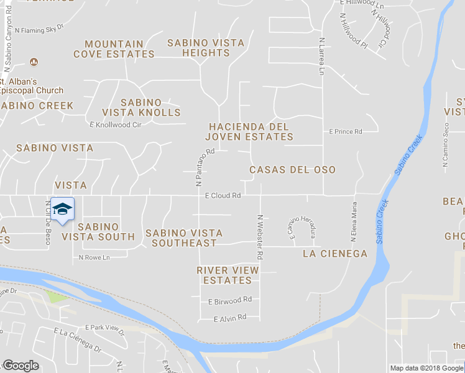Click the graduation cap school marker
tap(62, 210)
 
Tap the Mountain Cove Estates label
tap(114, 49)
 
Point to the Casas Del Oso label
tap(292, 170)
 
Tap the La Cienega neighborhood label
tap(335, 254)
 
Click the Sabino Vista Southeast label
tap(184, 238)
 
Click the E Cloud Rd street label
tap(223, 195)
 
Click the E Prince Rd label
tap(345, 132)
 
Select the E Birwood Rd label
tap(230, 300)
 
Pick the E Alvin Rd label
tap(230, 318)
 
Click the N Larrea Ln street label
tap(322, 57)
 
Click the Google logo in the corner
tap(21, 366)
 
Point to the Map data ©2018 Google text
tap(426, 368)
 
